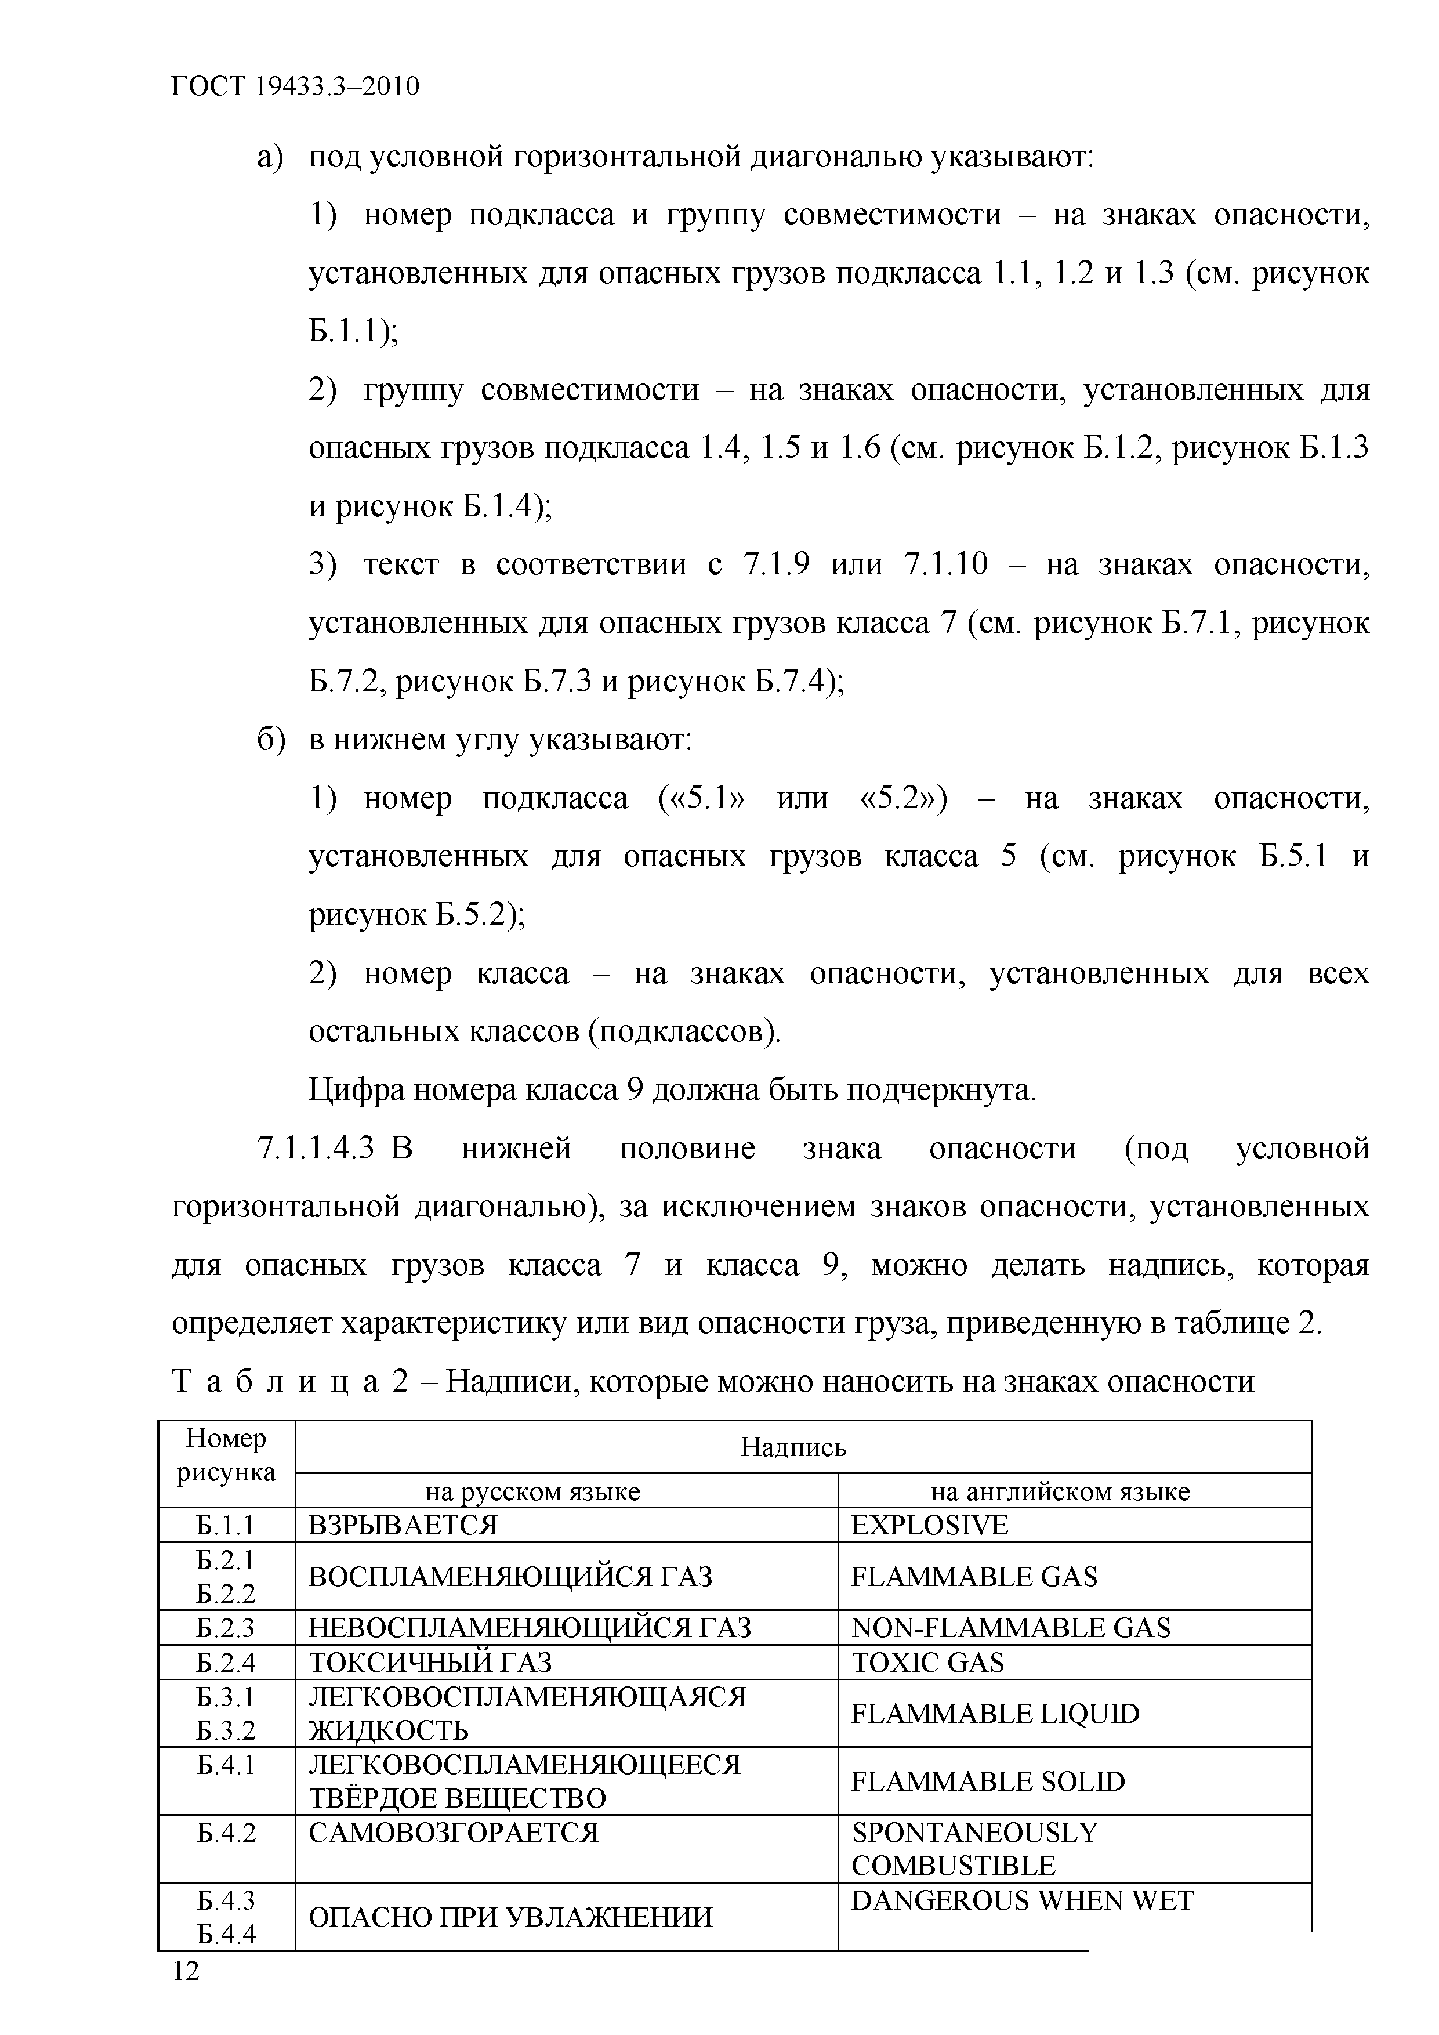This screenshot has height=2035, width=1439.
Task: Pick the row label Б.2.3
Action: coord(226,1627)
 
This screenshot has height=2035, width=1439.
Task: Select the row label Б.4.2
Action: coord(226,1832)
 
